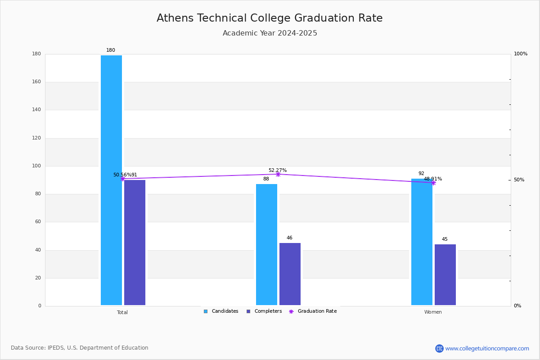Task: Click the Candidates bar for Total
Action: [x=112, y=180]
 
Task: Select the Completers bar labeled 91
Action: [x=135, y=243]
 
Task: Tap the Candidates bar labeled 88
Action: [x=266, y=244]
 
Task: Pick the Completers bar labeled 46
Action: [x=290, y=274]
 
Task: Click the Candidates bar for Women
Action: [x=422, y=242]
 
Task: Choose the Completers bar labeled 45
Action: [x=445, y=274]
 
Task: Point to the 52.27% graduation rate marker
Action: [x=278, y=174]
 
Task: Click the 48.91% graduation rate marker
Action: [x=433, y=183]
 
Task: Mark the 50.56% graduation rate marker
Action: [x=123, y=179]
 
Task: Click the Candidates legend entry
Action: [x=221, y=311]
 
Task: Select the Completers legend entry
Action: [x=264, y=311]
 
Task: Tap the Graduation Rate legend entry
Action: [x=313, y=311]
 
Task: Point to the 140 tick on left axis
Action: [x=36, y=110]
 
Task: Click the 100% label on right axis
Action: [x=521, y=54]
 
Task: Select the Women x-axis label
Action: [x=433, y=312]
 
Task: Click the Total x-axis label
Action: [x=122, y=312]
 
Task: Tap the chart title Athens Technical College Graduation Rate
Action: [x=270, y=18]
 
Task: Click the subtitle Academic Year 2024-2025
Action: [x=270, y=33]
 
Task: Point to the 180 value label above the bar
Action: [x=111, y=50]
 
